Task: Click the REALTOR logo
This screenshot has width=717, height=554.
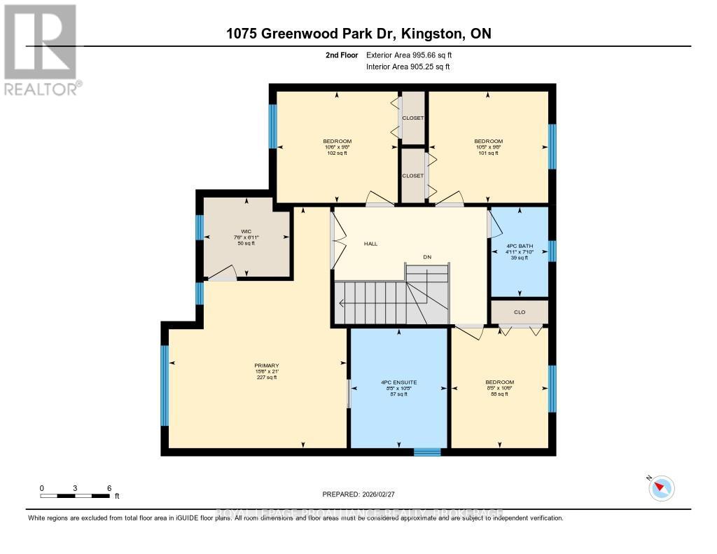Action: click(41, 50)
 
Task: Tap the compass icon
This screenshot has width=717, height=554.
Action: click(662, 487)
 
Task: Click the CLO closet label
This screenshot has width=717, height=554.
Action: click(520, 312)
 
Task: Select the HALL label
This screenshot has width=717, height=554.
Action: click(370, 244)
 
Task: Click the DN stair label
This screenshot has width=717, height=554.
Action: click(426, 257)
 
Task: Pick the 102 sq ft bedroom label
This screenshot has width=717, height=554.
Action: click(337, 147)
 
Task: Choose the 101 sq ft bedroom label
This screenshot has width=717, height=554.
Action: click(488, 147)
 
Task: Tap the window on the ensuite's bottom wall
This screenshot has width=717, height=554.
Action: click(427, 452)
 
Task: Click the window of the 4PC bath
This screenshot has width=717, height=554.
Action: click(552, 251)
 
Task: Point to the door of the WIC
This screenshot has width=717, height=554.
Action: click(223, 275)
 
